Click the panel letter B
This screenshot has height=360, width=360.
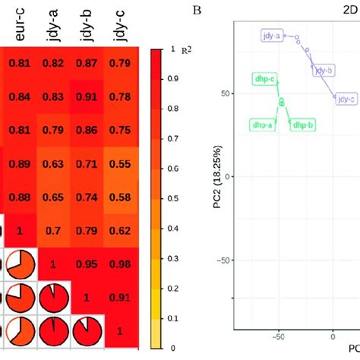pyautogui.click(x=197, y=10)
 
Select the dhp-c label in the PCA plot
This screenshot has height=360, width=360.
pyautogui.click(x=264, y=78)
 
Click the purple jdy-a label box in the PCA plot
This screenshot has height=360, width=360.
pyautogui.click(x=271, y=36)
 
